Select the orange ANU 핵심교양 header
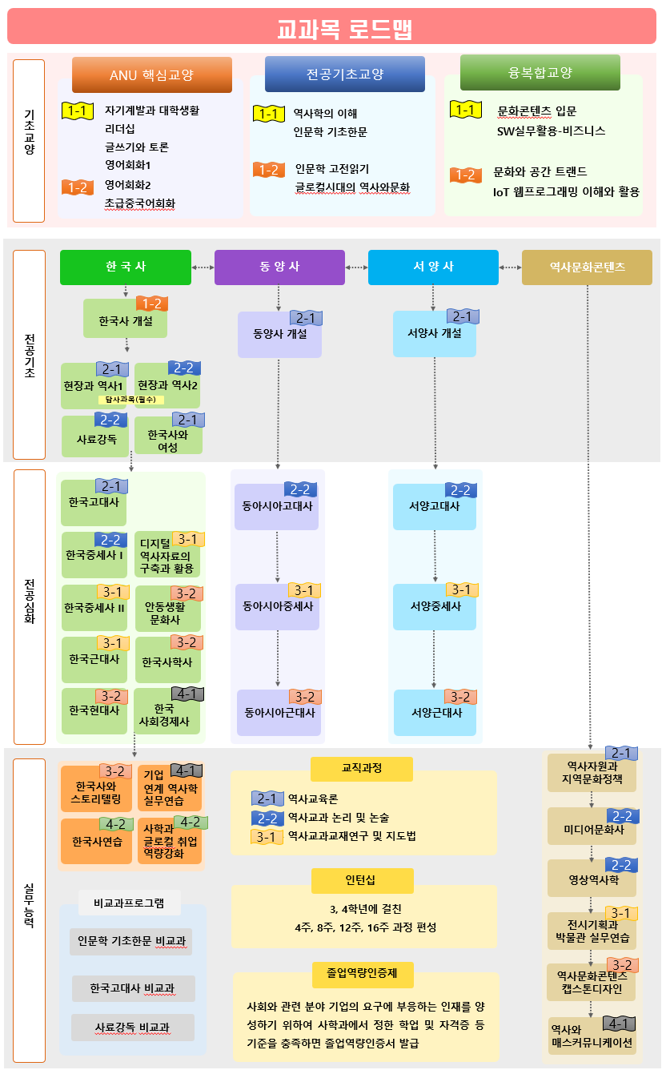pyautogui.click(x=152, y=75)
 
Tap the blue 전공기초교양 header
pyautogui.click(x=345, y=74)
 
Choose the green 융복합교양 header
pyautogui.click(x=540, y=72)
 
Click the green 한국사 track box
pyautogui.click(x=126, y=267)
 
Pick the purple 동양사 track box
pyautogui.click(x=279, y=267)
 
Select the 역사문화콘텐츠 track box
pyautogui.click(x=587, y=267)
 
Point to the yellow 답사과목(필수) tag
pyautogui.click(x=130, y=400)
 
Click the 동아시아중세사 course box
pyautogui.click(x=278, y=606)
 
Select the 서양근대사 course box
pyautogui.click(x=436, y=713)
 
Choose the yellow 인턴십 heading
pyautogui.click(x=363, y=880)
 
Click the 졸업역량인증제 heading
pyautogui.click(x=363, y=974)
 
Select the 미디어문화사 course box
pyautogui.click(x=592, y=829)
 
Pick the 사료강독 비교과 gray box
pyautogui.click(x=133, y=1027)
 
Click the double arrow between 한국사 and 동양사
pyautogui.click(x=203, y=267)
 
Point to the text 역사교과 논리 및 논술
pyautogui.click(x=338, y=818)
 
